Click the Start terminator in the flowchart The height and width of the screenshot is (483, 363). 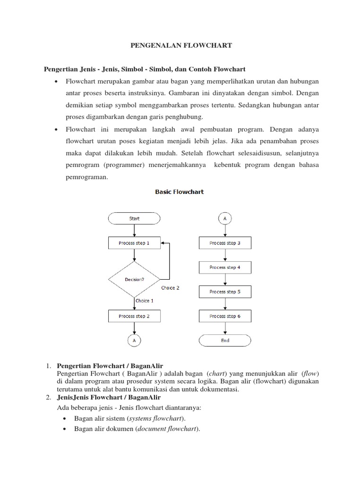[x=134, y=218]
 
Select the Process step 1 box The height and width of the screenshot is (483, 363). [x=134, y=243]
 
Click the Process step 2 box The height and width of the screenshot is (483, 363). [x=134, y=316]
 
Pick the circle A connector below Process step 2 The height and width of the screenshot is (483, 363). [x=134, y=340]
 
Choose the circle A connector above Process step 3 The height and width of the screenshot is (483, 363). [x=225, y=218]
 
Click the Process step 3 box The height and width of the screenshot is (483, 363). [x=225, y=243]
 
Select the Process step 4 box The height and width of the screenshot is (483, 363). [x=225, y=267]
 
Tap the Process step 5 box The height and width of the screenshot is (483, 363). [x=225, y=291]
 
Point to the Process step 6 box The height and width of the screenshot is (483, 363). [x=225, y=316]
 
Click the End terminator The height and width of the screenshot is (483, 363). [x=225, y=340]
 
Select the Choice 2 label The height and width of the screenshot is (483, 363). [x=170, y=288]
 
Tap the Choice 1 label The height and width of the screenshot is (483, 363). [x=144, y=300]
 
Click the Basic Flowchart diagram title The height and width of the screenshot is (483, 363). [x=180, y=192]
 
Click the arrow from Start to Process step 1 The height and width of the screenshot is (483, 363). [x=134, y=231]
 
